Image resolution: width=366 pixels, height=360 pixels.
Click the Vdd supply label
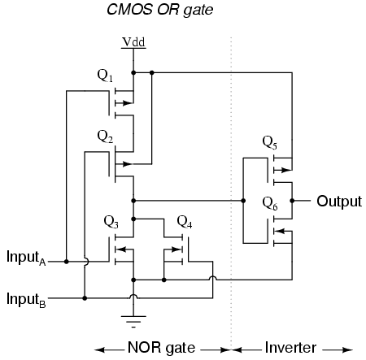(x=133, y=42)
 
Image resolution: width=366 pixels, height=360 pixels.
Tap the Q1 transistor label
(x=105, y=76)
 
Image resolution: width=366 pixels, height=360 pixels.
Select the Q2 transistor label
(x=105, y=137)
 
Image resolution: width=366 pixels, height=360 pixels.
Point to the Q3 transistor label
(x=111, y=222)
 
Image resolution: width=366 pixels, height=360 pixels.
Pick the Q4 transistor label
(x=185, y=222)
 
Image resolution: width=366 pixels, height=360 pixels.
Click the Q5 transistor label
(x=270, y=143)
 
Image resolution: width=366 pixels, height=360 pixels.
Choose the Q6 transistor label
(x=270, y=204)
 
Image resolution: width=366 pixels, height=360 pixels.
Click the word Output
(x=339, y=202)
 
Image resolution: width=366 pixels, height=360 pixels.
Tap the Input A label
(x=26, y=258)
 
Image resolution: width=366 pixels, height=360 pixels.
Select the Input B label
(x=26, y=300)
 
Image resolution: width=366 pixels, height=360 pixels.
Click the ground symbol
(x=133, y=322)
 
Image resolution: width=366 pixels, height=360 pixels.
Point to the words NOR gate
(x=161, y=348)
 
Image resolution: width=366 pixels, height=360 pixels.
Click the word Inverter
(x=290, y=348)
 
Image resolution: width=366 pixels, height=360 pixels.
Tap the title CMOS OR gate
(x=160, y=10)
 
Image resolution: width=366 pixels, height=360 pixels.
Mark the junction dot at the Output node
(x=292, y=201)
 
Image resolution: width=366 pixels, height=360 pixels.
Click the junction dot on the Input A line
(x=67, y=262)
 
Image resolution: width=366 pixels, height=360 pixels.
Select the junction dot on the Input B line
(x=85, y=298)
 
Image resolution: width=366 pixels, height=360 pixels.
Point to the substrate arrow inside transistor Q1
(x=124, y=103)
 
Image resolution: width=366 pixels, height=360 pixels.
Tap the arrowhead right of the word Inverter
(x=347, y=350)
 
